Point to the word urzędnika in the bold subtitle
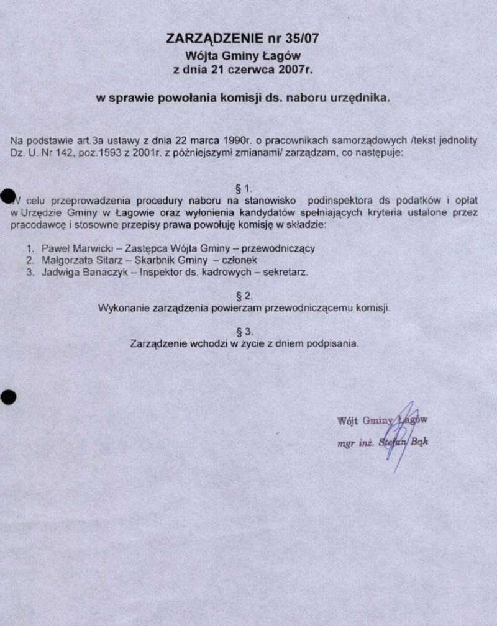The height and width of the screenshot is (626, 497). click(x=362, y=98)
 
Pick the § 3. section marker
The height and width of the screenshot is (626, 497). click(x=244, y=331)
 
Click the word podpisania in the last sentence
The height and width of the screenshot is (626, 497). click(x=336, y=343)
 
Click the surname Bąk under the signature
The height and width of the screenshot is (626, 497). click(x=419, y=443)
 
